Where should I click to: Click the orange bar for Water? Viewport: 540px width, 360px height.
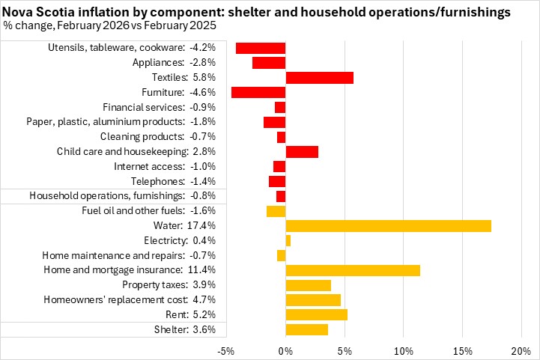pyautogui.click(x=388, y=226)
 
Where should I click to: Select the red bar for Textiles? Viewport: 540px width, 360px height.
pyautogui.click(x=319, y=78)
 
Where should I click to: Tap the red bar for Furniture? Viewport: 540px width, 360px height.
pyautogui.click(x=258, y=93)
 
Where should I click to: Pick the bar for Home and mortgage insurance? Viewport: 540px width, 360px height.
pyautogui.click(x=353, y=270)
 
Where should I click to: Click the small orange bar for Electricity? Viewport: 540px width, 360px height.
pyautogui.click(x=288, y=240)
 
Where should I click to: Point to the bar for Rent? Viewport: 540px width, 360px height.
pyautogui.click(x=316, y=314)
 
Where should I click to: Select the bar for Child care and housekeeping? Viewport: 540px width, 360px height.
pyautogui.click(x=302, y=152)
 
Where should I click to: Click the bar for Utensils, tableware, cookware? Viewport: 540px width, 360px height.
pyautogui.click(x=261, y=48)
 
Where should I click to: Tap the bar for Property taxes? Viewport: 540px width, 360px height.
pyautogui.click(x=309, y=285)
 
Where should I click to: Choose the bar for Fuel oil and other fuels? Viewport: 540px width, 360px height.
pyautogui.click(x=276, y=211)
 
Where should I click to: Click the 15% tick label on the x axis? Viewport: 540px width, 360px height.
pyautogui.click(x=462, y=351)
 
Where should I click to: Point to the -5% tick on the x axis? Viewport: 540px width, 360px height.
pyautogui.click(x=226, y=351)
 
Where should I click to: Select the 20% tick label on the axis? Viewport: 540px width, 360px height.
pyautogui.click(x=521, y=351)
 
